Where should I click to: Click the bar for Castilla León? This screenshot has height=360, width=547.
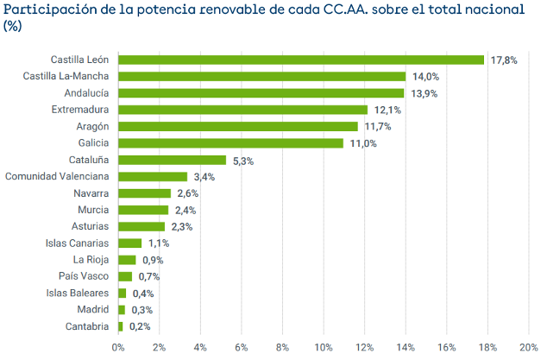point(301,60)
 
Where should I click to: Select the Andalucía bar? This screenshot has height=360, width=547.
point(261,93)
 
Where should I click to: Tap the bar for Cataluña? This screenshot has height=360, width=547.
point(173,160)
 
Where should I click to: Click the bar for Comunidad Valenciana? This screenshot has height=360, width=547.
point(153,177)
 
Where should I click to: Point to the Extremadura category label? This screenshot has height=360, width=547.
point(80,110)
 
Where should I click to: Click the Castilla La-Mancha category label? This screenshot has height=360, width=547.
point(66,77)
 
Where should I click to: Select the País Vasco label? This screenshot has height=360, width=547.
point(83,276)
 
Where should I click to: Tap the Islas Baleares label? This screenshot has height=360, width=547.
point(76,294)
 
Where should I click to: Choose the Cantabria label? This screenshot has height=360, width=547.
point(87,326)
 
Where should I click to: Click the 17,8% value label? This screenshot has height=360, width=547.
point(504,60)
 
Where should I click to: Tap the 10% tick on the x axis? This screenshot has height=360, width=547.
point(324,348)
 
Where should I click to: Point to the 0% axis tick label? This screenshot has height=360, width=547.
point(118,348)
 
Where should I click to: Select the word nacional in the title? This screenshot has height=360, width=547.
point(492,10)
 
